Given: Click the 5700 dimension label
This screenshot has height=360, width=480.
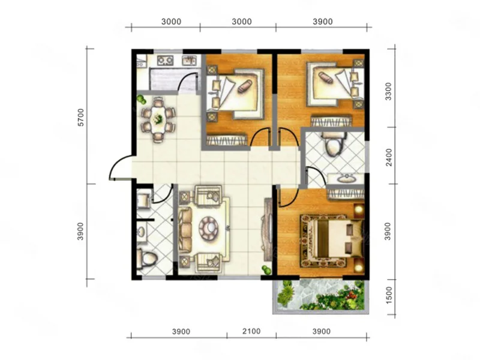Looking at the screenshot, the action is [x=80, y=117].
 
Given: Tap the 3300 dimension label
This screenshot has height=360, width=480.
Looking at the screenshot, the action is [x=388, y=91].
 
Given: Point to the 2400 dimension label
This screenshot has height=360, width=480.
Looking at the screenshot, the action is [x=388, y=157].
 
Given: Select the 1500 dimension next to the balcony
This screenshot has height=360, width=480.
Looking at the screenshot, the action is [x=389, y=295].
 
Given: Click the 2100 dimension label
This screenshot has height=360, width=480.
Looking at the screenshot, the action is [x=251, y=331].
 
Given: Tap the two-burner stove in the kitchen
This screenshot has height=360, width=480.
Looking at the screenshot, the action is [x=166, y=60].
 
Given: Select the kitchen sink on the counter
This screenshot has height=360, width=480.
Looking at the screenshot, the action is [x=190, y=60].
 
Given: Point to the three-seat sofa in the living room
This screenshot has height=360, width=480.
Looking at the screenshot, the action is [x=185, y=228].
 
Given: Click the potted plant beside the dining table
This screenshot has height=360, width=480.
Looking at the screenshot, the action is [x=141, y=100].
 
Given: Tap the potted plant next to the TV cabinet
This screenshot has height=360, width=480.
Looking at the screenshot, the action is [x=266, y=269].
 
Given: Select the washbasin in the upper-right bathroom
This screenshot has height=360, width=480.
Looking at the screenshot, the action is [x=346, y=178].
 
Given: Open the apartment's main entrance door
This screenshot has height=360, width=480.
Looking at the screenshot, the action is [x=121, y=167].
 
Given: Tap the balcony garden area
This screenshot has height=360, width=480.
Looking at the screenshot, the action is [x=320, y=296].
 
